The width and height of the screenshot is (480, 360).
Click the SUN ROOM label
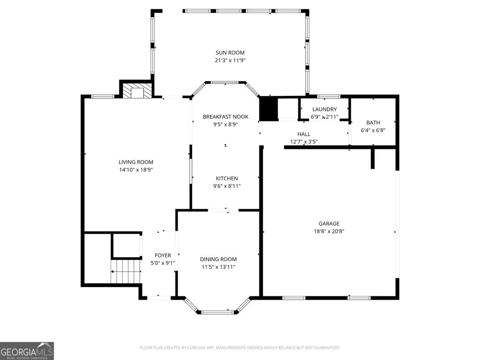(x=230, y=52)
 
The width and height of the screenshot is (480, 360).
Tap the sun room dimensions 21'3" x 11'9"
(x=230, y=60)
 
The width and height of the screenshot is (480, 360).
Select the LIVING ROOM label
(x=136, y=162)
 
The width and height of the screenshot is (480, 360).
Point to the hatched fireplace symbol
(x=137, y=91)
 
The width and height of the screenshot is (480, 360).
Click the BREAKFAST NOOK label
(x=226, y=117)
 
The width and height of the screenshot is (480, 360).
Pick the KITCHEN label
(x=227, y=178)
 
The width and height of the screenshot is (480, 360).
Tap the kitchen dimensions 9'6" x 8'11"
(x=227, y=186)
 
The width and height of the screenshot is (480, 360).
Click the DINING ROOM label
(x=218, y=259)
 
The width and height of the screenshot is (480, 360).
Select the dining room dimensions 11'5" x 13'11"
(x=218, y=267)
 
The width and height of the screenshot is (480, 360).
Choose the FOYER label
(x=163, y=255)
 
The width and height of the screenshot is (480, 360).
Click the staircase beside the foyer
(x=126, y=272)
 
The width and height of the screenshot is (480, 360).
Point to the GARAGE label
(x=329, y=223)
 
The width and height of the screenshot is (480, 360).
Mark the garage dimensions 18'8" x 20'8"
(x=329, y=231)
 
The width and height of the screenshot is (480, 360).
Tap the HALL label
(x=303, y=134)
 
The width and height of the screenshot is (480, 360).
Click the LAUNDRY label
(x=325, y=109)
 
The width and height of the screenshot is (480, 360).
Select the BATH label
(x=373, y=123)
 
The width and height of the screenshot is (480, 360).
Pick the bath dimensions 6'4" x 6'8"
(x=373, y=130)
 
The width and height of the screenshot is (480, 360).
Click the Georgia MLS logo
(x=27, y=351)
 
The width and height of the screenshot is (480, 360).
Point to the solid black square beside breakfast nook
(x=268, y=108)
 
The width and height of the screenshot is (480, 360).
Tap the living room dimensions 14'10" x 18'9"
(x=136, y=169)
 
